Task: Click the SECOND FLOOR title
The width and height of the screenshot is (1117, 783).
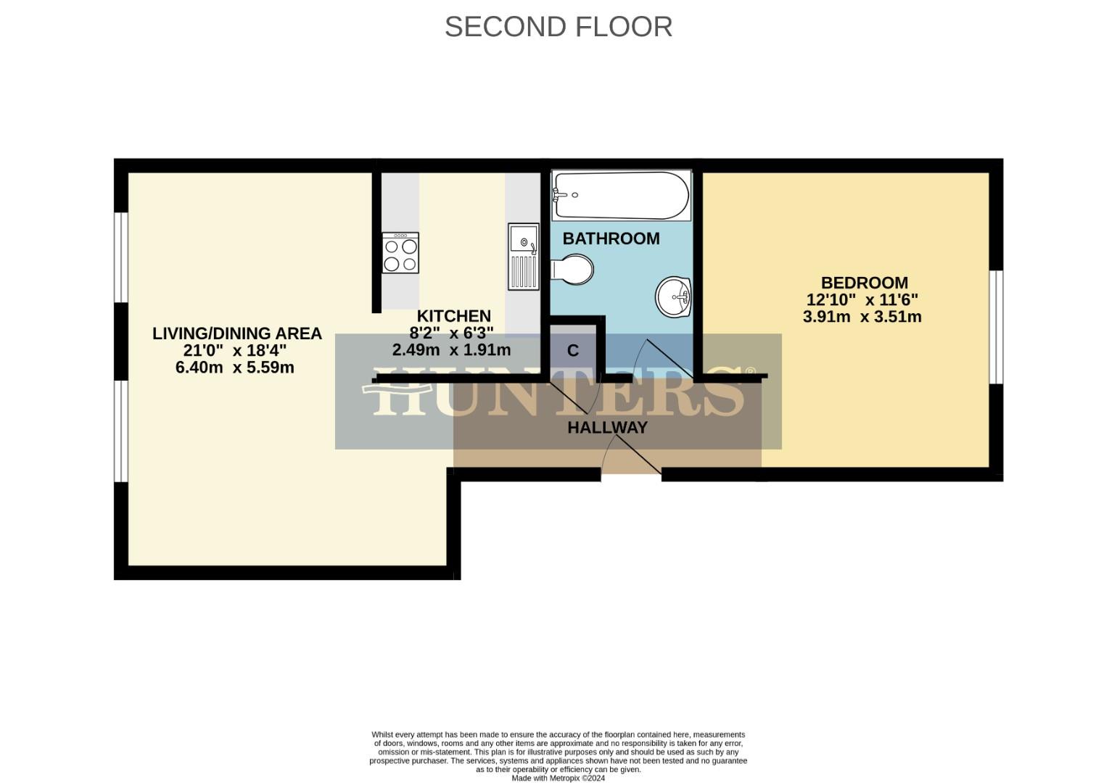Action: click(x=558, y=27)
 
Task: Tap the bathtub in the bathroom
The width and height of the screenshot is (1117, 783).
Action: click(x=621, y=196)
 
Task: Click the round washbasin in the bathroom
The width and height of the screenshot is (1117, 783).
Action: click(x=675, y=297)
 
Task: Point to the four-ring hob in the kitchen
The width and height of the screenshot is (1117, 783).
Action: click(x=400, y=252)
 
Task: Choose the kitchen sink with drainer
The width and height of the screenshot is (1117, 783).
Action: click(x=523, y=256)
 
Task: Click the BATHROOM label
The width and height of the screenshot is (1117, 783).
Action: click(x=611, y=239)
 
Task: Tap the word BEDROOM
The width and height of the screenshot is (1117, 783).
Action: click(x=864, y=283)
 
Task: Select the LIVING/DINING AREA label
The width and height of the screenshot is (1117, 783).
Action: click(x=236, y=333)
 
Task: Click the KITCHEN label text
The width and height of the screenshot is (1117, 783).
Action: click(x=453, y=316)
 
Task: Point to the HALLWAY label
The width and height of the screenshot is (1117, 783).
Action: click(x=607, y=428)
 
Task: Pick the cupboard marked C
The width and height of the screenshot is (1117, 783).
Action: click(x=573, y=351)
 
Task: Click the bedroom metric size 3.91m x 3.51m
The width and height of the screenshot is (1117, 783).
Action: click(x=862, y=317)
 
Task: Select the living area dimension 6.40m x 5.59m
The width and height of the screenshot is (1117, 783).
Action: click(x=234, y=368)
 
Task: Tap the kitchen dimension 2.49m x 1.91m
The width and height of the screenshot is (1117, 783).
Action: click(x=451, y=350)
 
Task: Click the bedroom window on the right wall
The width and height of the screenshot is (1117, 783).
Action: click(x=997, y=326)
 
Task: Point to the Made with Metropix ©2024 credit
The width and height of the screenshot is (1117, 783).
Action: click(x=558, y=778)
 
